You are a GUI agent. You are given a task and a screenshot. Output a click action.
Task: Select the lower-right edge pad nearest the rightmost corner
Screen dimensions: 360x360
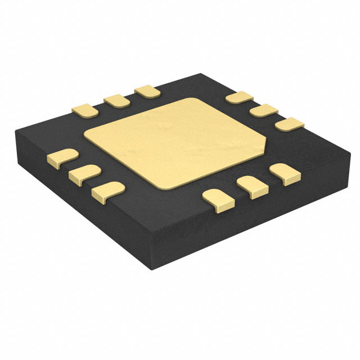click(283, 172)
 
